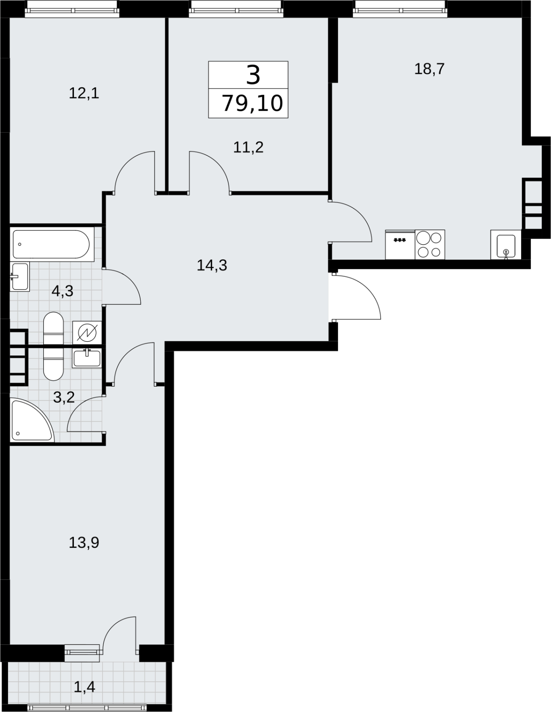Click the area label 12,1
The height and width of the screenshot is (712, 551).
click(84, 94)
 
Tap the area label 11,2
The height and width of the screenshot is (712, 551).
click(248, 147)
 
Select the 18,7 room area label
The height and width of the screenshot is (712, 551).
click(429, 69)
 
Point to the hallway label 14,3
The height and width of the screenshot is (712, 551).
click(212, 265)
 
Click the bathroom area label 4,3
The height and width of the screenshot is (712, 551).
click(62, 291)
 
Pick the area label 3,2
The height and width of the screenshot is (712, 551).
click(64, 397)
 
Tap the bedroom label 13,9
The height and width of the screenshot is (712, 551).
click(84, 543)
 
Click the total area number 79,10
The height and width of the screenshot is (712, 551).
click(252, 103)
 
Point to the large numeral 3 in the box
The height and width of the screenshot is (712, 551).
click(253, 75)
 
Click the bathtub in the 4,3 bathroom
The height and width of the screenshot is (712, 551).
click(51, 244)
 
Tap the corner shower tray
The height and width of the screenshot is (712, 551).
click(32, 421)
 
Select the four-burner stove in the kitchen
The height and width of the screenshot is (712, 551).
click(430, 244)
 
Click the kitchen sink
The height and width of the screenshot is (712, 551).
click(506, 244)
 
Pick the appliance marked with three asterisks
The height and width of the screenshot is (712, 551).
click(400, 244)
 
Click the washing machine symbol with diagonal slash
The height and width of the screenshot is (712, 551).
click(87, 333)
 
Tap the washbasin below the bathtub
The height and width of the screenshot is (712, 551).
click(20, 276)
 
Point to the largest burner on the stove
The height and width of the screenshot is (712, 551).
click(423, 238)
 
